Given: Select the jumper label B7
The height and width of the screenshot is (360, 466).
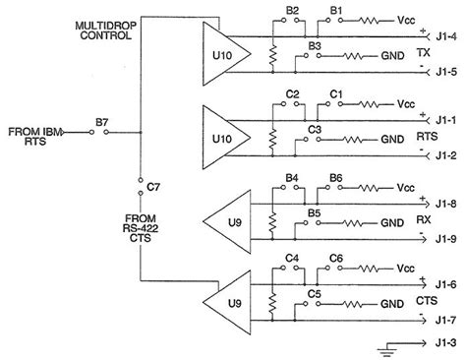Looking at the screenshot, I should (x=102, y=122).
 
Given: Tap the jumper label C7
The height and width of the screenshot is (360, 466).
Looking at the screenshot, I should (x=152, y=185).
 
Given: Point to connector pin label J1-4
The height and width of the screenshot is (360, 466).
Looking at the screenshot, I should (x=447, y=38).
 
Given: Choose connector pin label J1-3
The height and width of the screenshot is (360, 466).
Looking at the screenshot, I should (x=447, y=344).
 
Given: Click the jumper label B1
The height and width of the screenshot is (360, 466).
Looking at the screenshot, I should (x=337, y=10).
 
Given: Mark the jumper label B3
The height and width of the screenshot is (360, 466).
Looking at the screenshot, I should (x=315, y=45).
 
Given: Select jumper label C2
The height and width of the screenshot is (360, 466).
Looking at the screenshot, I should (x=292, y=93).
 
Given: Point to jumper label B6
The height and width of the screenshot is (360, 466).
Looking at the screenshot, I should (x=336, y=177).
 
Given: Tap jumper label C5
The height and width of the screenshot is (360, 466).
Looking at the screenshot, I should (x=315, y=294).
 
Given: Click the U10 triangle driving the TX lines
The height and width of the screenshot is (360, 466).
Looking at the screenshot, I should (x=222, y=55).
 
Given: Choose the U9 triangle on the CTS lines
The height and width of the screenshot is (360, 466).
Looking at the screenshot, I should (x=224, y=304).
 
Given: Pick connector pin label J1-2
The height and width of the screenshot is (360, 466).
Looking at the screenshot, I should (x=447, y=153).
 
